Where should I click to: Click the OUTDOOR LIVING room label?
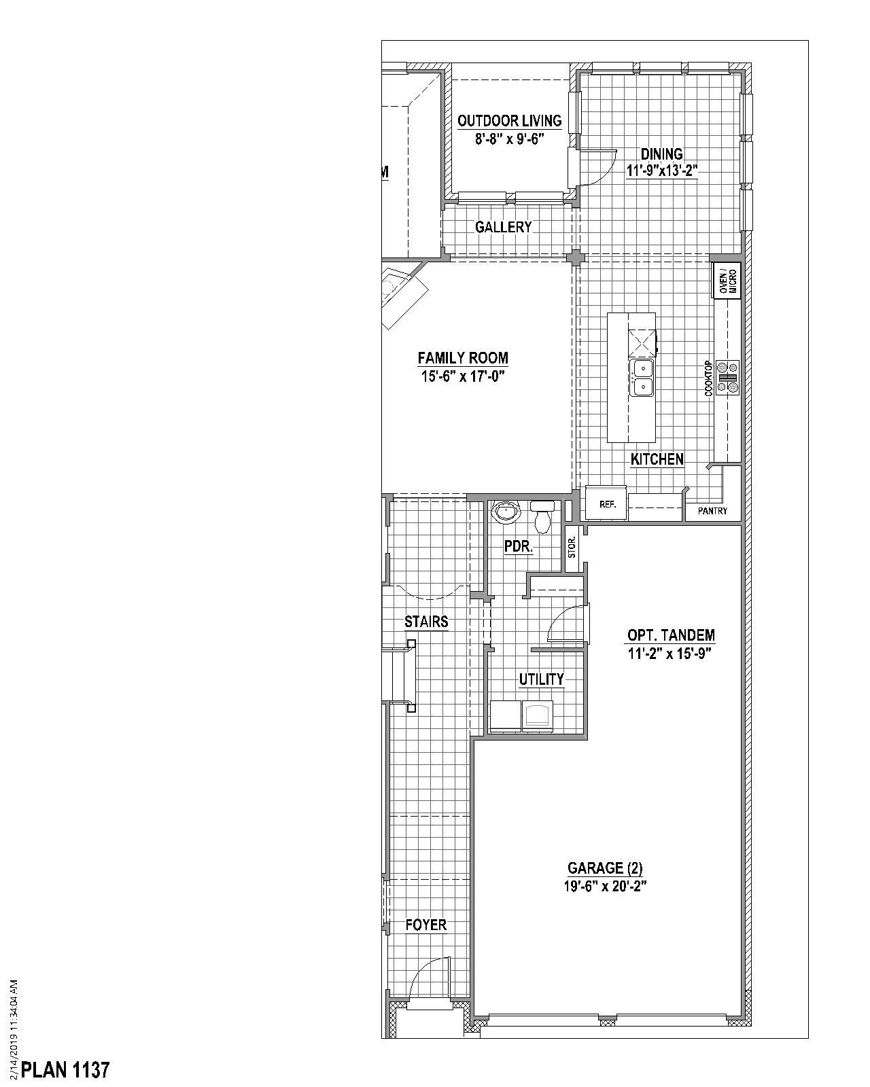tap(509, 121)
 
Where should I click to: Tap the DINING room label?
tap(661, 154)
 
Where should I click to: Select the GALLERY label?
tap(503, 227)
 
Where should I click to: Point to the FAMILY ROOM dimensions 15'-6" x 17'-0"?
tap(462, 376)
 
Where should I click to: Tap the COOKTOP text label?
tap(708, 378)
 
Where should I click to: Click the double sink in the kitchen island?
tap(642, 377)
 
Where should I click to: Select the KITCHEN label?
tap(657, 459)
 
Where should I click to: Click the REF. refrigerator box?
tap(607, 504)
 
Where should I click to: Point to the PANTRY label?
tap(712, 511)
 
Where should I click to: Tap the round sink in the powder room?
tap(506, 511)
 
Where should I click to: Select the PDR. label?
tap(518, 546)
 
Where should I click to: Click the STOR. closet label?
tap(572, 546)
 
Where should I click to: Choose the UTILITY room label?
tap(541, 679)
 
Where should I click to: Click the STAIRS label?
tap(426, 622)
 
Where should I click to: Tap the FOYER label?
tap(426, 925)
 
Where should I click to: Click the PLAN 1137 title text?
tap(65, 1070)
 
